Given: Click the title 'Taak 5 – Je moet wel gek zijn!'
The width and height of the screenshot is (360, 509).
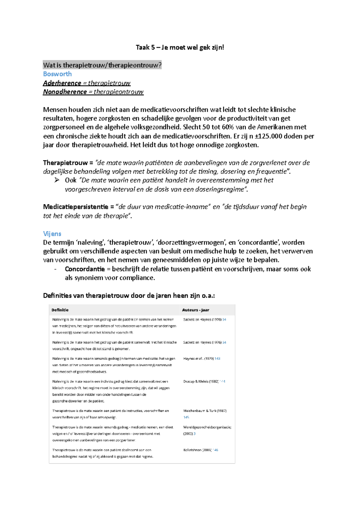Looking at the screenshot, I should (x=180, y=47).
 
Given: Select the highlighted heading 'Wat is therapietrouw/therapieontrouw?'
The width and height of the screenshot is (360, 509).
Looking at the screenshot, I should (x=102, y=65).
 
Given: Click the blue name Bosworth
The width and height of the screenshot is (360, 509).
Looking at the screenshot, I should (x=57, y=74).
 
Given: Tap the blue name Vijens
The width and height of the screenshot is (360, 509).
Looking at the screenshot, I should (x=52, y=234).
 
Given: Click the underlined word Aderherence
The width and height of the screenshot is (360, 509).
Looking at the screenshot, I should (x=62, y=83).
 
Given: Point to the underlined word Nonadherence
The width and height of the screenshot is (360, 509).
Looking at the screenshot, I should (x=65, y=92).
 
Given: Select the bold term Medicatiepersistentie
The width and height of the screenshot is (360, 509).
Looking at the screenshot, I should (x=75, y=207).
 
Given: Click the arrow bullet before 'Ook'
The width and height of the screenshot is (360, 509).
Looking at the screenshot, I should (x=57, y=180).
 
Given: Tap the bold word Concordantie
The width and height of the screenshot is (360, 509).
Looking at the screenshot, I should (x=85, y=269).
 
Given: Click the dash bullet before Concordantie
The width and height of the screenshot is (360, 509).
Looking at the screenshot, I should (x=55, y=269).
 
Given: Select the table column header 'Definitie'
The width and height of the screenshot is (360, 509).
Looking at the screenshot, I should (x=60, y=310).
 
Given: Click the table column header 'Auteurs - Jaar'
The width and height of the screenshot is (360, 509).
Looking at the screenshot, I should (x=195, y=310).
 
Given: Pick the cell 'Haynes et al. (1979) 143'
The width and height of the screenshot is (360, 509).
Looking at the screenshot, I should (x=201, y=359).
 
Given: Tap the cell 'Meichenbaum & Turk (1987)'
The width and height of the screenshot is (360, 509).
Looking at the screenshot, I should (x=205, y=411).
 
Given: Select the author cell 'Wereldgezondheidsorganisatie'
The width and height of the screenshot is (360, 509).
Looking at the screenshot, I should (x=207, y=427).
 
